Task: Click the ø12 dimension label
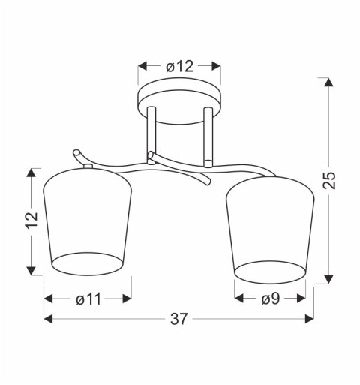coord(179,67)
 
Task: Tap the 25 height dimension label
coord(329,180)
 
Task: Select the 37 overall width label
coord(178,319)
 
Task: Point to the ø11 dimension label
coord(88,299)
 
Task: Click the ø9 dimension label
coord(271,299)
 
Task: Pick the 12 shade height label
coord(31,220)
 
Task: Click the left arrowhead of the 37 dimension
coord(48,319)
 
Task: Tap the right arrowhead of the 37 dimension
coord(310,319)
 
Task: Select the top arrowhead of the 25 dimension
coord(328,82)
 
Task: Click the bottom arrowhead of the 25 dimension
coord(328,279)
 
